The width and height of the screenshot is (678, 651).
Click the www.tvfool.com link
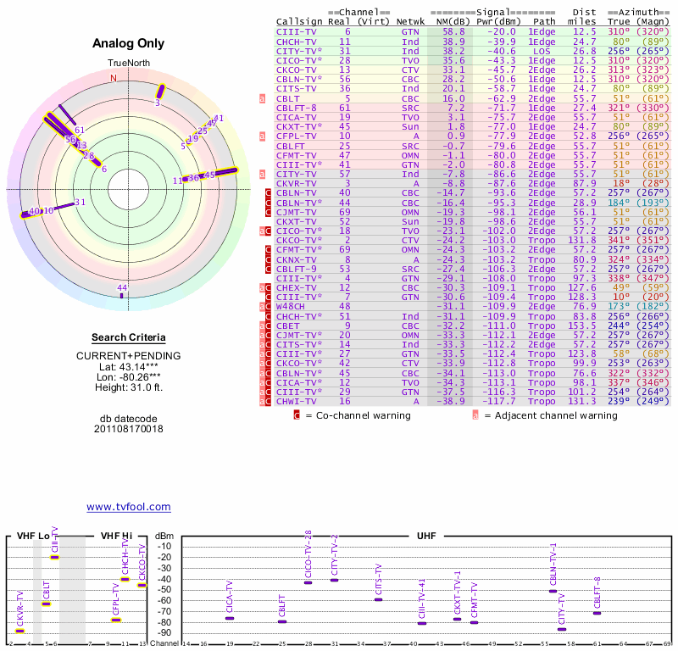pos(128,507)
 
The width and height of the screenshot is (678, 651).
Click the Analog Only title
pos(128,43)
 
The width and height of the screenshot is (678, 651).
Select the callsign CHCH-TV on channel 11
pos(297,41)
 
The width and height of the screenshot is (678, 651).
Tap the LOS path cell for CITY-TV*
pos(542,51)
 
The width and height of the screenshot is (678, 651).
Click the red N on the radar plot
pos(114,78)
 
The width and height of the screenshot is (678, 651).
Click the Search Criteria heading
pos(128,337)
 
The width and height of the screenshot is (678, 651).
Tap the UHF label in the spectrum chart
pos(428,536)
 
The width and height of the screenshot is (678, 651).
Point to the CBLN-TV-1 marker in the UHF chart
pos(553,591)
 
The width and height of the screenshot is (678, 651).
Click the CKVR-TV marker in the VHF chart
pos(20,631)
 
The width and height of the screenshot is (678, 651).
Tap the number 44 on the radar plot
pos(122,288)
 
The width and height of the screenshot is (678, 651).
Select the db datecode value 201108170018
pos(128,429)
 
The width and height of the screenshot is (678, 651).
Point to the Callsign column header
pos(298,20)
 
